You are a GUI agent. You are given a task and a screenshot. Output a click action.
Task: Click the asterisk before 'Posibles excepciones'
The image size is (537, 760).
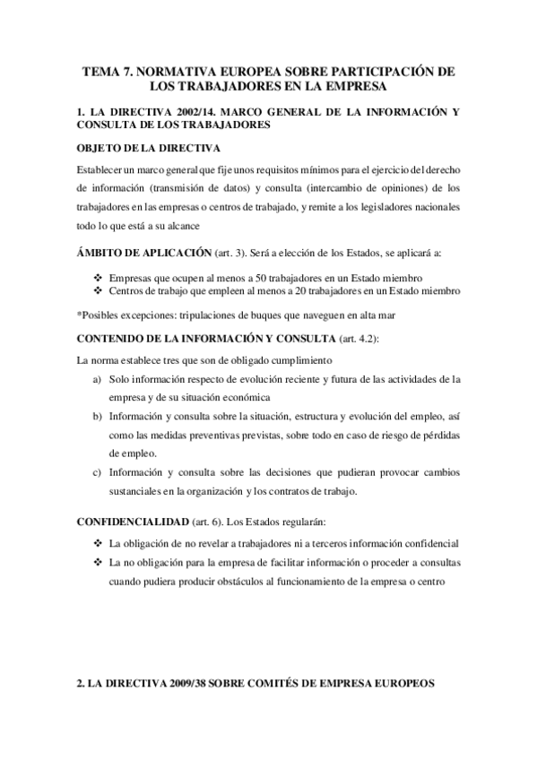pos(79,315)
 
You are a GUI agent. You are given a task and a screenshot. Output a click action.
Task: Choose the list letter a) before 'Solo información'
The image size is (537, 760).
pos(97,379)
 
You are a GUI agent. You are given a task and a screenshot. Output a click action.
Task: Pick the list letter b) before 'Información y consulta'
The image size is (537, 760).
pos(97,417)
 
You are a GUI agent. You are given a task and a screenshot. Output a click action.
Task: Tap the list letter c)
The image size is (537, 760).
pos(97,472)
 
